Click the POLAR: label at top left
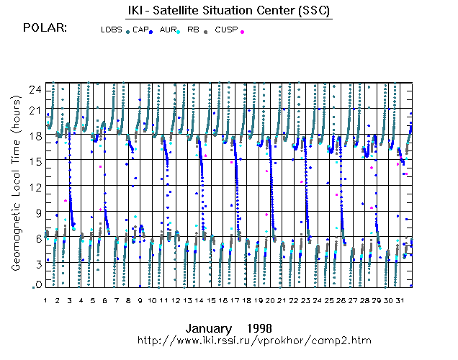(x=45, y=28)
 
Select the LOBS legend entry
(x=112, y=30)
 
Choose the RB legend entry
(x=193, y=30)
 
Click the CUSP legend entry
(x=225, y=30)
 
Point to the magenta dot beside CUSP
(x=242, y=32)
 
